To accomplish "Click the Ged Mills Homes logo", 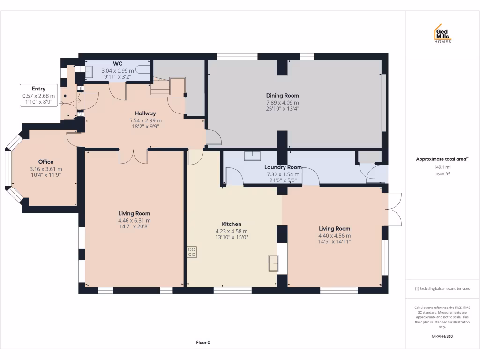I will click(442, 34).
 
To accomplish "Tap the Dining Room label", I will click(282, 96).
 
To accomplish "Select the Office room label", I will click(46, 162).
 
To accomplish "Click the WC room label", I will click(118, 64).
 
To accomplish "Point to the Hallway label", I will click(145, 113).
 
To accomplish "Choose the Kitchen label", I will click(232, 224).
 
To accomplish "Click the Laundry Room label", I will click(283, 167).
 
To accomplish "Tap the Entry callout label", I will click(39, 89).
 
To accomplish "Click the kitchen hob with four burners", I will click(192, 252).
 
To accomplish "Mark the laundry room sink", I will click(252, 156).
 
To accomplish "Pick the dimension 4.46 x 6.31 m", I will click(135, 220).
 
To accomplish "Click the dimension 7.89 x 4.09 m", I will click(282, 102).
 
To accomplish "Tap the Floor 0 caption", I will click(203, 343).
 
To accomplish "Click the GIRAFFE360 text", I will click(442, 336).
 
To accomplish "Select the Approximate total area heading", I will click(442, 159).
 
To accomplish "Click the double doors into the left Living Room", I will click(134, 157).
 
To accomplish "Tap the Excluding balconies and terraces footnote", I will click(442, 289).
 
